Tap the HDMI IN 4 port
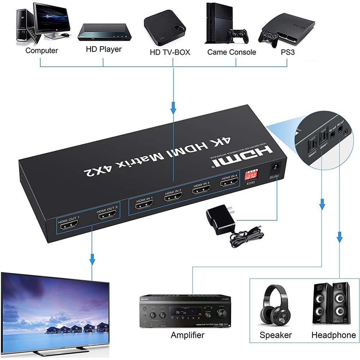pyautogui.click(x=230, y=184)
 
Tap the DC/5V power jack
pyautogui.click(x=276, y=167)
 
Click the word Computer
pyautogui.click(x=42, y=50)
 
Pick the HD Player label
pyautogui.click(x=104, y=49)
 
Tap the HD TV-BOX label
pyautogui.click(x=170, y=52)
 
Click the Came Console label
pyautogui.click(x=231, y=52)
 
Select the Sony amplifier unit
pyautogui.click(x=185, y=311)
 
